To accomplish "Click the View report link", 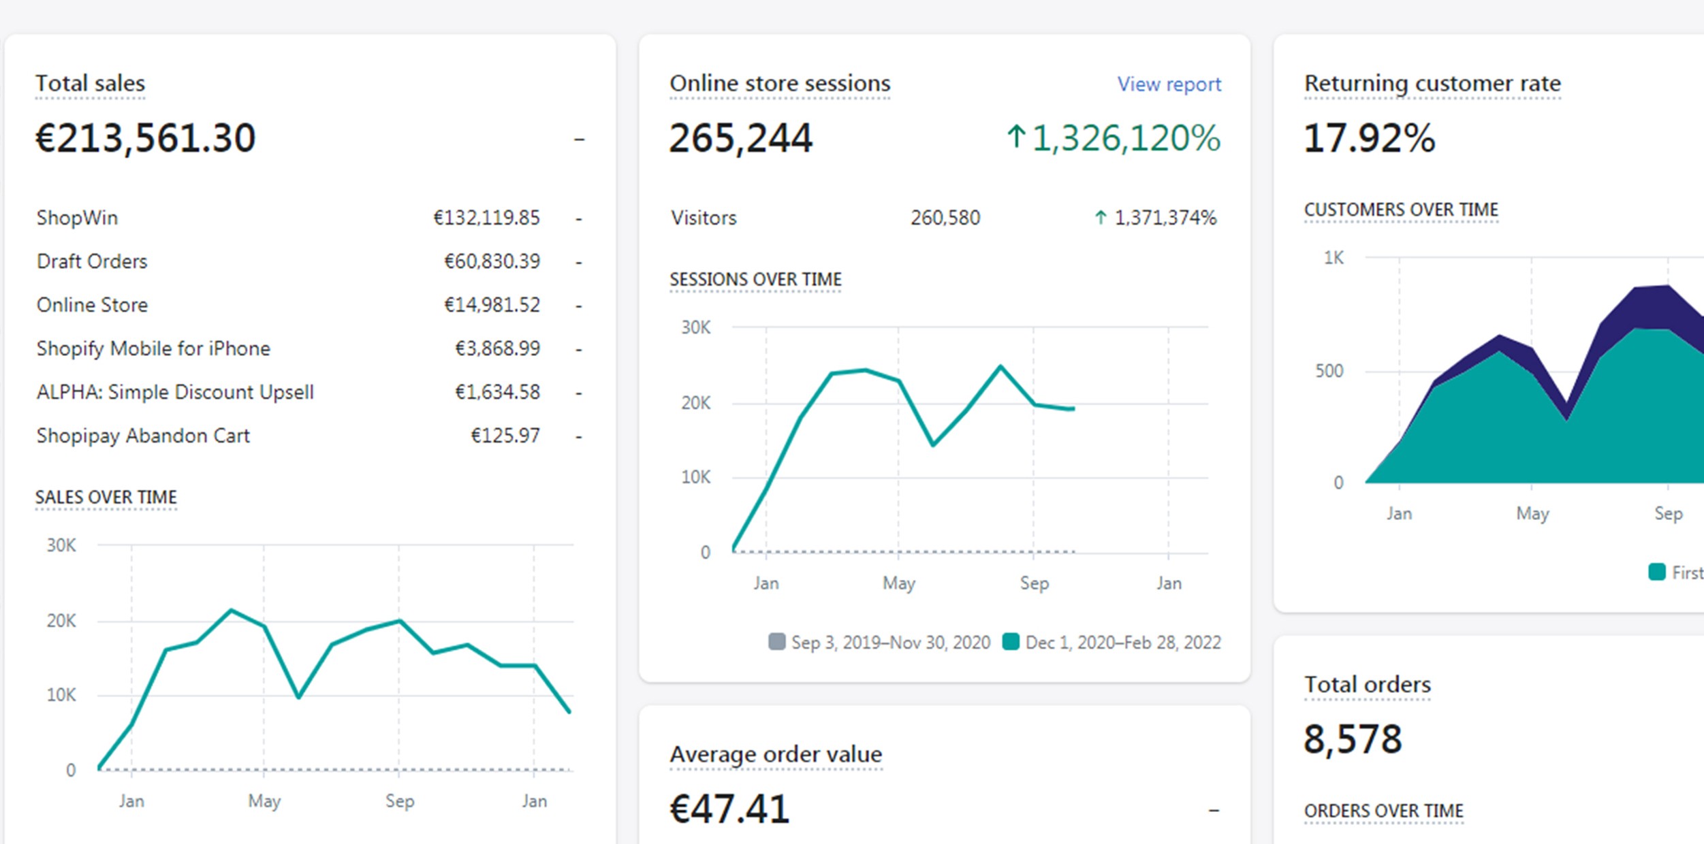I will [1169, 84].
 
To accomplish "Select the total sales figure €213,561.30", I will [145, 138].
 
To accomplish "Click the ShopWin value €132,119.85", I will [486, 218].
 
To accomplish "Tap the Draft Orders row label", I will [92, 261].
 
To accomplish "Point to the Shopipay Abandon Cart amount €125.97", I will [505, 436].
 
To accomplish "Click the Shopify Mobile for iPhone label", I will [153, 348].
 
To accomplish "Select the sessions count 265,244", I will [741, 138].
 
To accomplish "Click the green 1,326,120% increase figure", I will [1125, 138].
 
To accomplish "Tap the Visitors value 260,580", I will [945, 218].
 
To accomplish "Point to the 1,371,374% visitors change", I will [1165, 218].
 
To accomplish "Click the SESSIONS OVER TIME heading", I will [755, 280].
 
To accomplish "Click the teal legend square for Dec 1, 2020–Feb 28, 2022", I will [1011, 642].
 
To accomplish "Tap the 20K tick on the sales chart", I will [61, 621].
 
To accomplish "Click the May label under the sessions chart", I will [898, 583].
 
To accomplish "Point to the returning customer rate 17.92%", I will [1369, 138].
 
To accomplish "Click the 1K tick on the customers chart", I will [1334, 258].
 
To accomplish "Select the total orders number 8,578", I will [1353, 739].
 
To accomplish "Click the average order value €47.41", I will [729, 809].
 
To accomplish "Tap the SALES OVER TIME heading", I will [106, 498].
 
